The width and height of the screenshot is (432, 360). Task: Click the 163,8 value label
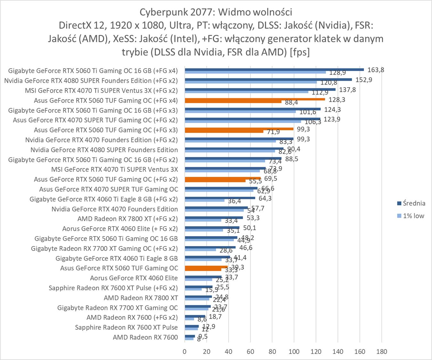[x=376, y=70]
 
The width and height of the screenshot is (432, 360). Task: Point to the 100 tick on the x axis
[x=294, y=351]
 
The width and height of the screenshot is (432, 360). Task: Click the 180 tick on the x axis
[x=381, y=351]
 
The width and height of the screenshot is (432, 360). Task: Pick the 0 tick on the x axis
[x=184, y=351]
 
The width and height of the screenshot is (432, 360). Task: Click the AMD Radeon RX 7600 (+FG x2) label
[x=132, y=318]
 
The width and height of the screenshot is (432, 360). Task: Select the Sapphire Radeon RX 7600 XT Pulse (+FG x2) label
[x=113, y=288]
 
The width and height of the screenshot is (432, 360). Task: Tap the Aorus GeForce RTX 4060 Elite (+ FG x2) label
[x=120, y=229]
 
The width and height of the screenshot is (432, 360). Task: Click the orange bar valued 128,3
[x=255, y=99]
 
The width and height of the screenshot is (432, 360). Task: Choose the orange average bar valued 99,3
[x=239, y=129]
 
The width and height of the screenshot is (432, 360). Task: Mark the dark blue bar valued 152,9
[x=268, y=79]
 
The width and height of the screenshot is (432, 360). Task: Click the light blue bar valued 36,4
[x=204, y=200]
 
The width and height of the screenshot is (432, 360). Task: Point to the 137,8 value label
[x=347, y=90]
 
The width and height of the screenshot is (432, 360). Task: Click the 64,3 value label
[x=265, y=198]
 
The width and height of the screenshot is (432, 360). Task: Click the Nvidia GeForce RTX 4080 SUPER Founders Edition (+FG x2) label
[x=91, y=81]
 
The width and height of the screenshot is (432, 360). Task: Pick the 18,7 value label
[x=215, y=317]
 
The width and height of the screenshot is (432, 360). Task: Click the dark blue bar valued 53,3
[x=214, y=218]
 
